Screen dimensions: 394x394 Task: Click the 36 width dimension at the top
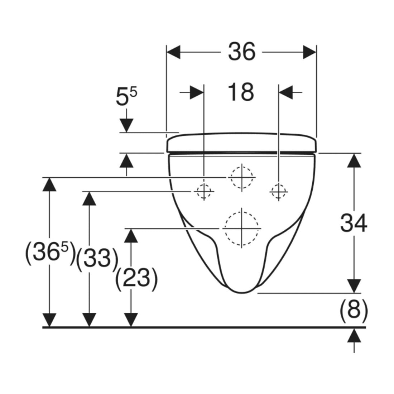pos(241,52)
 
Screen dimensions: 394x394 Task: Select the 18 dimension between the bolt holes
pos(241,92)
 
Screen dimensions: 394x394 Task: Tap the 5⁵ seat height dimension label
pos(126,96)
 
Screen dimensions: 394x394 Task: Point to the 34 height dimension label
pos(354,223)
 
